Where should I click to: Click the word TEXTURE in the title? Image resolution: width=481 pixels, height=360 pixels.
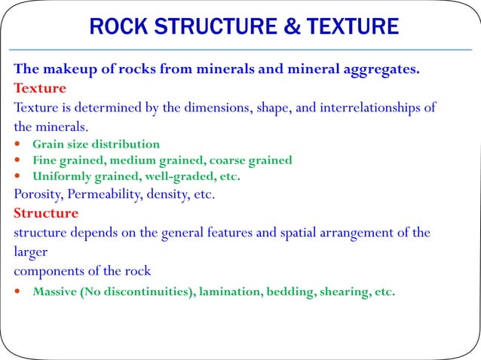354,28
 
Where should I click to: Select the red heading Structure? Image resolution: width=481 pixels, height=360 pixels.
46,213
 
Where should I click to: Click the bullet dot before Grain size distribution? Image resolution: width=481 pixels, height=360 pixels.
18,144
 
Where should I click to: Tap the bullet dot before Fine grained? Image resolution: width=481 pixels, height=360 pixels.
18,160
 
